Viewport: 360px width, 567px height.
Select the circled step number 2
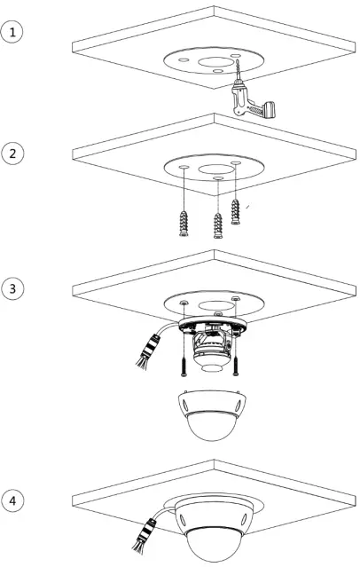pos(12,153)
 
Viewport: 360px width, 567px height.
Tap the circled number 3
pos(12,288)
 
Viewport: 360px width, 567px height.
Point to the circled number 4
pos(12,501)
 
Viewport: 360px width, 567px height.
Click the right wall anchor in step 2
pos(235,212)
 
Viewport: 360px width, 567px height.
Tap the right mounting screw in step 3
pos(237,364)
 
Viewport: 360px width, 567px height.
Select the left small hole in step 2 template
pos(180,167)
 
